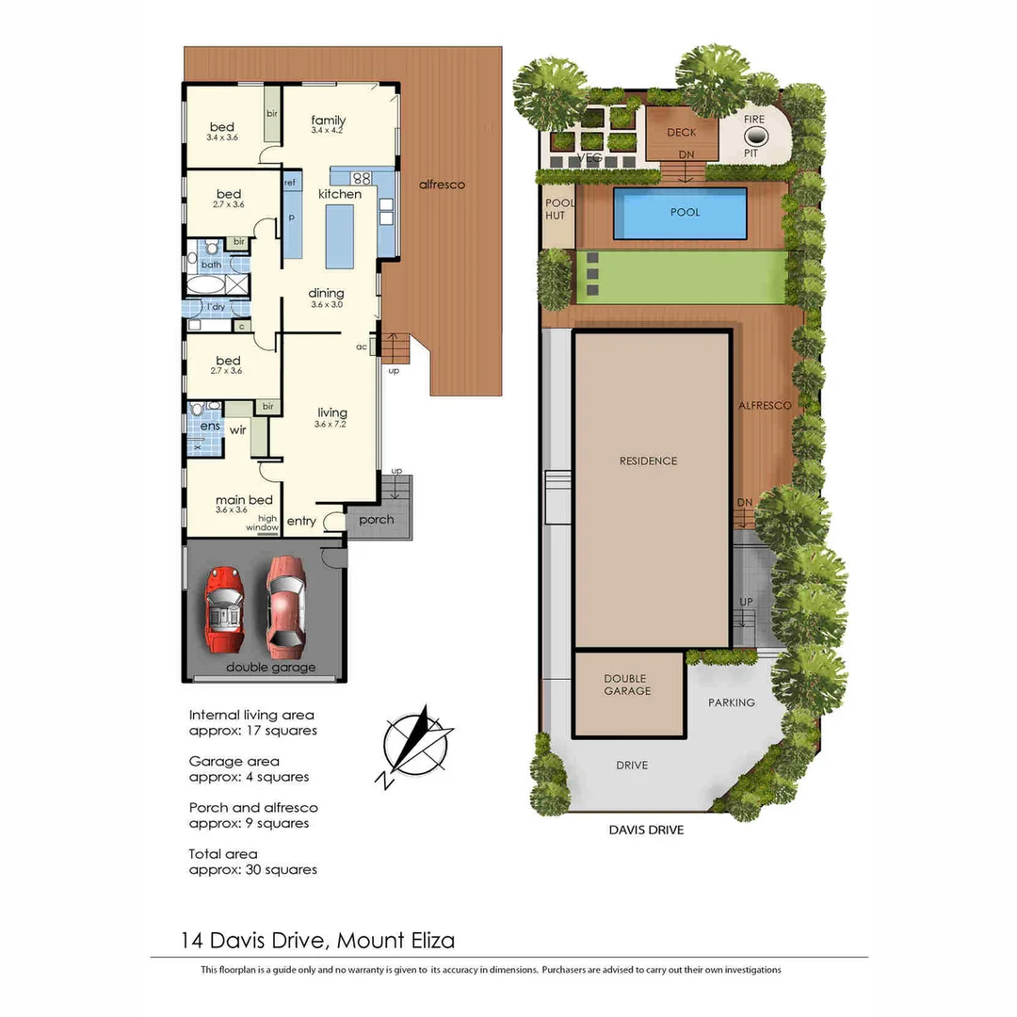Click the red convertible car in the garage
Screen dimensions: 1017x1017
pos(224,609)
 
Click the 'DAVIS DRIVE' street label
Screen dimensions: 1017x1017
pos(646,830)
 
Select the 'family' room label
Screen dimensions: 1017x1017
pos(329,121)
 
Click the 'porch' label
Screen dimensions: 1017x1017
pos(378,520)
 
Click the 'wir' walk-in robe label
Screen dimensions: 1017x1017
pos(237,430)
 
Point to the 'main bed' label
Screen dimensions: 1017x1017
pos(244,500)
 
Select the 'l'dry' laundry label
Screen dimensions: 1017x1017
pos(217,307)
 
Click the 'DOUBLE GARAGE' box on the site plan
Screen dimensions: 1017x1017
pos(628,693)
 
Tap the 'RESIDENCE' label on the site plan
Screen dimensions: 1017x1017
pos(649,461)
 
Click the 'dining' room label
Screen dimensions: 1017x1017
pos(326,293)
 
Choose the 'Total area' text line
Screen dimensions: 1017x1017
pos(223,854)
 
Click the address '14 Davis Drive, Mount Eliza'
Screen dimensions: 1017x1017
pos(318,940)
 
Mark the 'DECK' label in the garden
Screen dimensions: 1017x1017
pos(682,133)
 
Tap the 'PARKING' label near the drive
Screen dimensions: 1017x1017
pos(732,702)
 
